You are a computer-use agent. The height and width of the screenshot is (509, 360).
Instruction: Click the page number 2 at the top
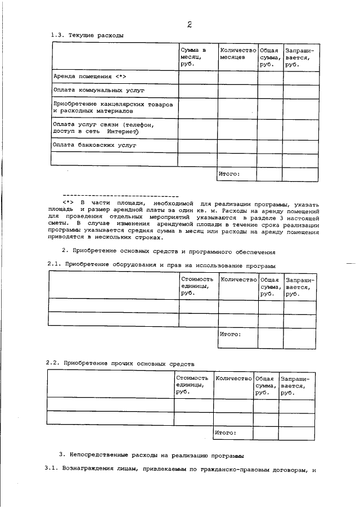[190, 24]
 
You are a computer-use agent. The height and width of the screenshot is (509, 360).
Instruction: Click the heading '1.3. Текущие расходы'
[87, 35]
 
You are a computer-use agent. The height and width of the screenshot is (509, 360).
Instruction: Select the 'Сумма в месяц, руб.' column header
[193, 57]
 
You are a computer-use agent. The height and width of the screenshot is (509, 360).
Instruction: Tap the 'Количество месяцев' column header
[237, 53]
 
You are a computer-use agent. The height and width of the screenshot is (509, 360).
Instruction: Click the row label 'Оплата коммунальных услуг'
[99, 90]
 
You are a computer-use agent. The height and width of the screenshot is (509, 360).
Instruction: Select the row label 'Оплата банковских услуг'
[94, 145]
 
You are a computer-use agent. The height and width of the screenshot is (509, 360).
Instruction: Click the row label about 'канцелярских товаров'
[112, 107]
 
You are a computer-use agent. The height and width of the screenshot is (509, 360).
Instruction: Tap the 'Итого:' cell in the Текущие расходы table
[229, 174]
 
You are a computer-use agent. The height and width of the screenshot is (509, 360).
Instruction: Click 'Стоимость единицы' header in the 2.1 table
[197, 285]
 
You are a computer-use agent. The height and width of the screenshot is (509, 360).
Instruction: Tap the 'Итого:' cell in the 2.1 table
[231, 334]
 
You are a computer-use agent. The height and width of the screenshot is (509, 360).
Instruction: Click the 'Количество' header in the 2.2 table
[233, 379]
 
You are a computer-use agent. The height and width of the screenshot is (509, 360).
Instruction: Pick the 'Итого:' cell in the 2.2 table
[226, 433]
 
